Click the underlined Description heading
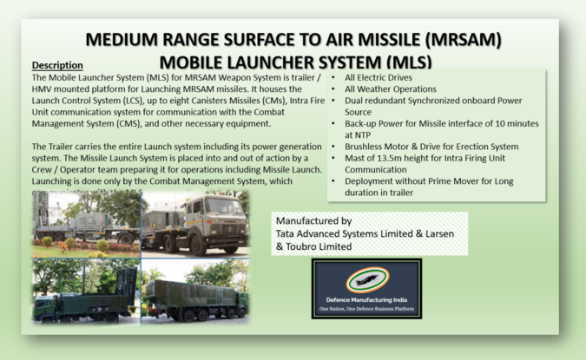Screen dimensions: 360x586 point(57,65)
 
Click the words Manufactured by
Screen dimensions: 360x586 point(312,220)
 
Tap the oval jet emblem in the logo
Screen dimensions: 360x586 point(366,279)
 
